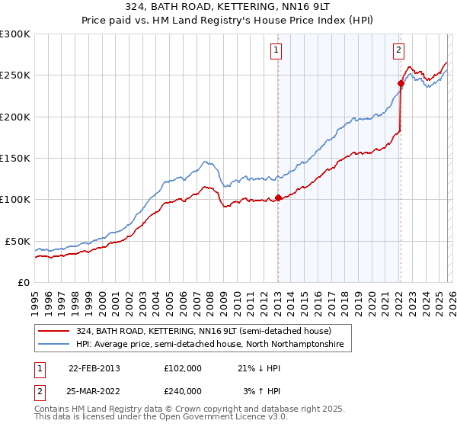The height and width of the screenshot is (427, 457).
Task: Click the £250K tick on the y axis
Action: point(15,75)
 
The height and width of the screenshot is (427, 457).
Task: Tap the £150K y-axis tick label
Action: point(15,158)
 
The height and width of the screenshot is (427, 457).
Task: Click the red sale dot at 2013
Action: point(278,197)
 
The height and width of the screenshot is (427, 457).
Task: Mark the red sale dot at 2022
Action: point(401,83)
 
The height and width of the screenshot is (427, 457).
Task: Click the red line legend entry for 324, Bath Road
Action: point(203,332)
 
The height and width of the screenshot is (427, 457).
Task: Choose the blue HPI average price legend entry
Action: point(209,345)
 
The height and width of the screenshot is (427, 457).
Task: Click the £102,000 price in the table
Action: point(183,368)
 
